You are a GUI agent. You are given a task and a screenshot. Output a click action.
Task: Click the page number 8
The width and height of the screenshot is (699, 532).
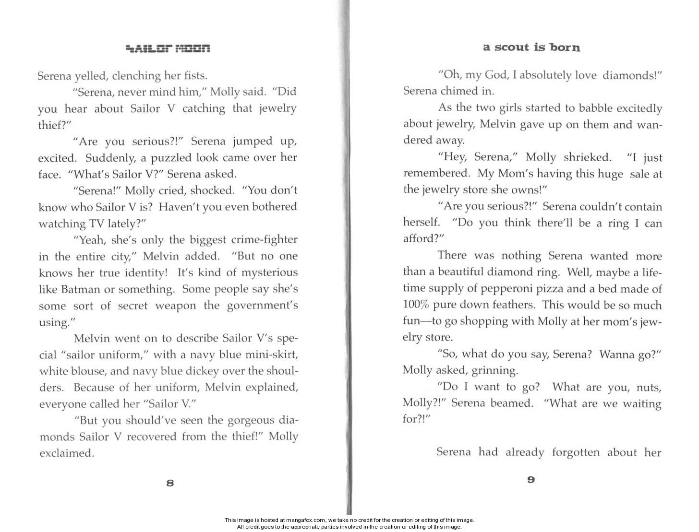[x=169, y=483]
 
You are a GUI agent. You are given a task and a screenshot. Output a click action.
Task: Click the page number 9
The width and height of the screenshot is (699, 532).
[x=530, y=479]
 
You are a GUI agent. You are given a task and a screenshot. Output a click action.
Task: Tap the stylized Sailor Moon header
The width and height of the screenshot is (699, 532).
[x=168, y=48]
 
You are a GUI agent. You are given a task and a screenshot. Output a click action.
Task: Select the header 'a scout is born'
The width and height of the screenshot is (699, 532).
[x=531, y=47]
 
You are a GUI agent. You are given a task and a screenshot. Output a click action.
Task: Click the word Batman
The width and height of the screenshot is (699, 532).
[x=81, y=289]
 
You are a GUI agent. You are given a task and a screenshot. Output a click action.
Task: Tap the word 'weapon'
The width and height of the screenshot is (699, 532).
[x=175, y=306]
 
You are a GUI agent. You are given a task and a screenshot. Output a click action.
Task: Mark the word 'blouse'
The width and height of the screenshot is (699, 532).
[x=91, y=371]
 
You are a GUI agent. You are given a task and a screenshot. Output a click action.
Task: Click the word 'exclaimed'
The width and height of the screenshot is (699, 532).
[x=66, y=453]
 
